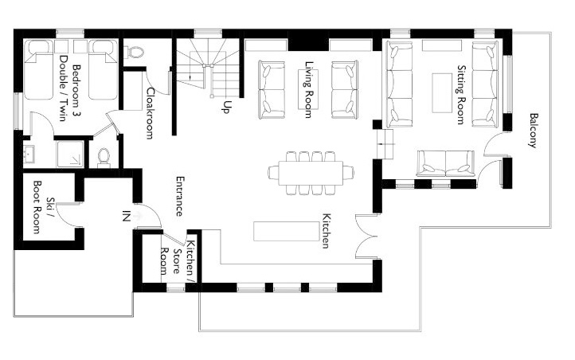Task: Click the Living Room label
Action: pos(310,89)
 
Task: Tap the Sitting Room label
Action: pos(461,95)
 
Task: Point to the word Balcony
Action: pos(533,131)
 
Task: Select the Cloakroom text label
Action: pos(150,113)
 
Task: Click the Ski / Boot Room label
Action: pos(41,207)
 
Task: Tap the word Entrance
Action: pos(179,197)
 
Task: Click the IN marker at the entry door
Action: pos(126,217)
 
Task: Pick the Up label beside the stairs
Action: pos(227,107)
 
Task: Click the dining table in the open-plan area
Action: pos(311,173)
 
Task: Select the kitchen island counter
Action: pos(286,231)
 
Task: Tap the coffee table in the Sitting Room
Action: pos(442,93)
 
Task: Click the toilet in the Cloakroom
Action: pos(134,52)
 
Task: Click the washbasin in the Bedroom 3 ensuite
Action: pos(28,155)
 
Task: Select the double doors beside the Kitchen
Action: pos(366,237)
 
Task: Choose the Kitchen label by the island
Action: pos(326,231)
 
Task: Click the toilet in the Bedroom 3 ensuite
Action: pos(104,157)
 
